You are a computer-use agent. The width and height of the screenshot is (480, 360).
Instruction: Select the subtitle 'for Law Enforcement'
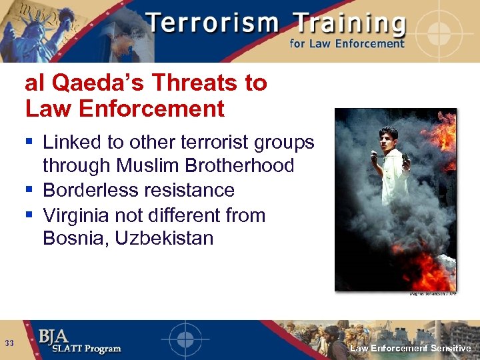coord(347,44)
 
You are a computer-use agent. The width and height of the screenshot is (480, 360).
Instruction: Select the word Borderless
coord(90,190)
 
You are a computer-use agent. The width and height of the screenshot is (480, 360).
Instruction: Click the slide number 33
coord(9,343)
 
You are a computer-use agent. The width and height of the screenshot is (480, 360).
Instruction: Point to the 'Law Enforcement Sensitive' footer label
coord(411,349)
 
